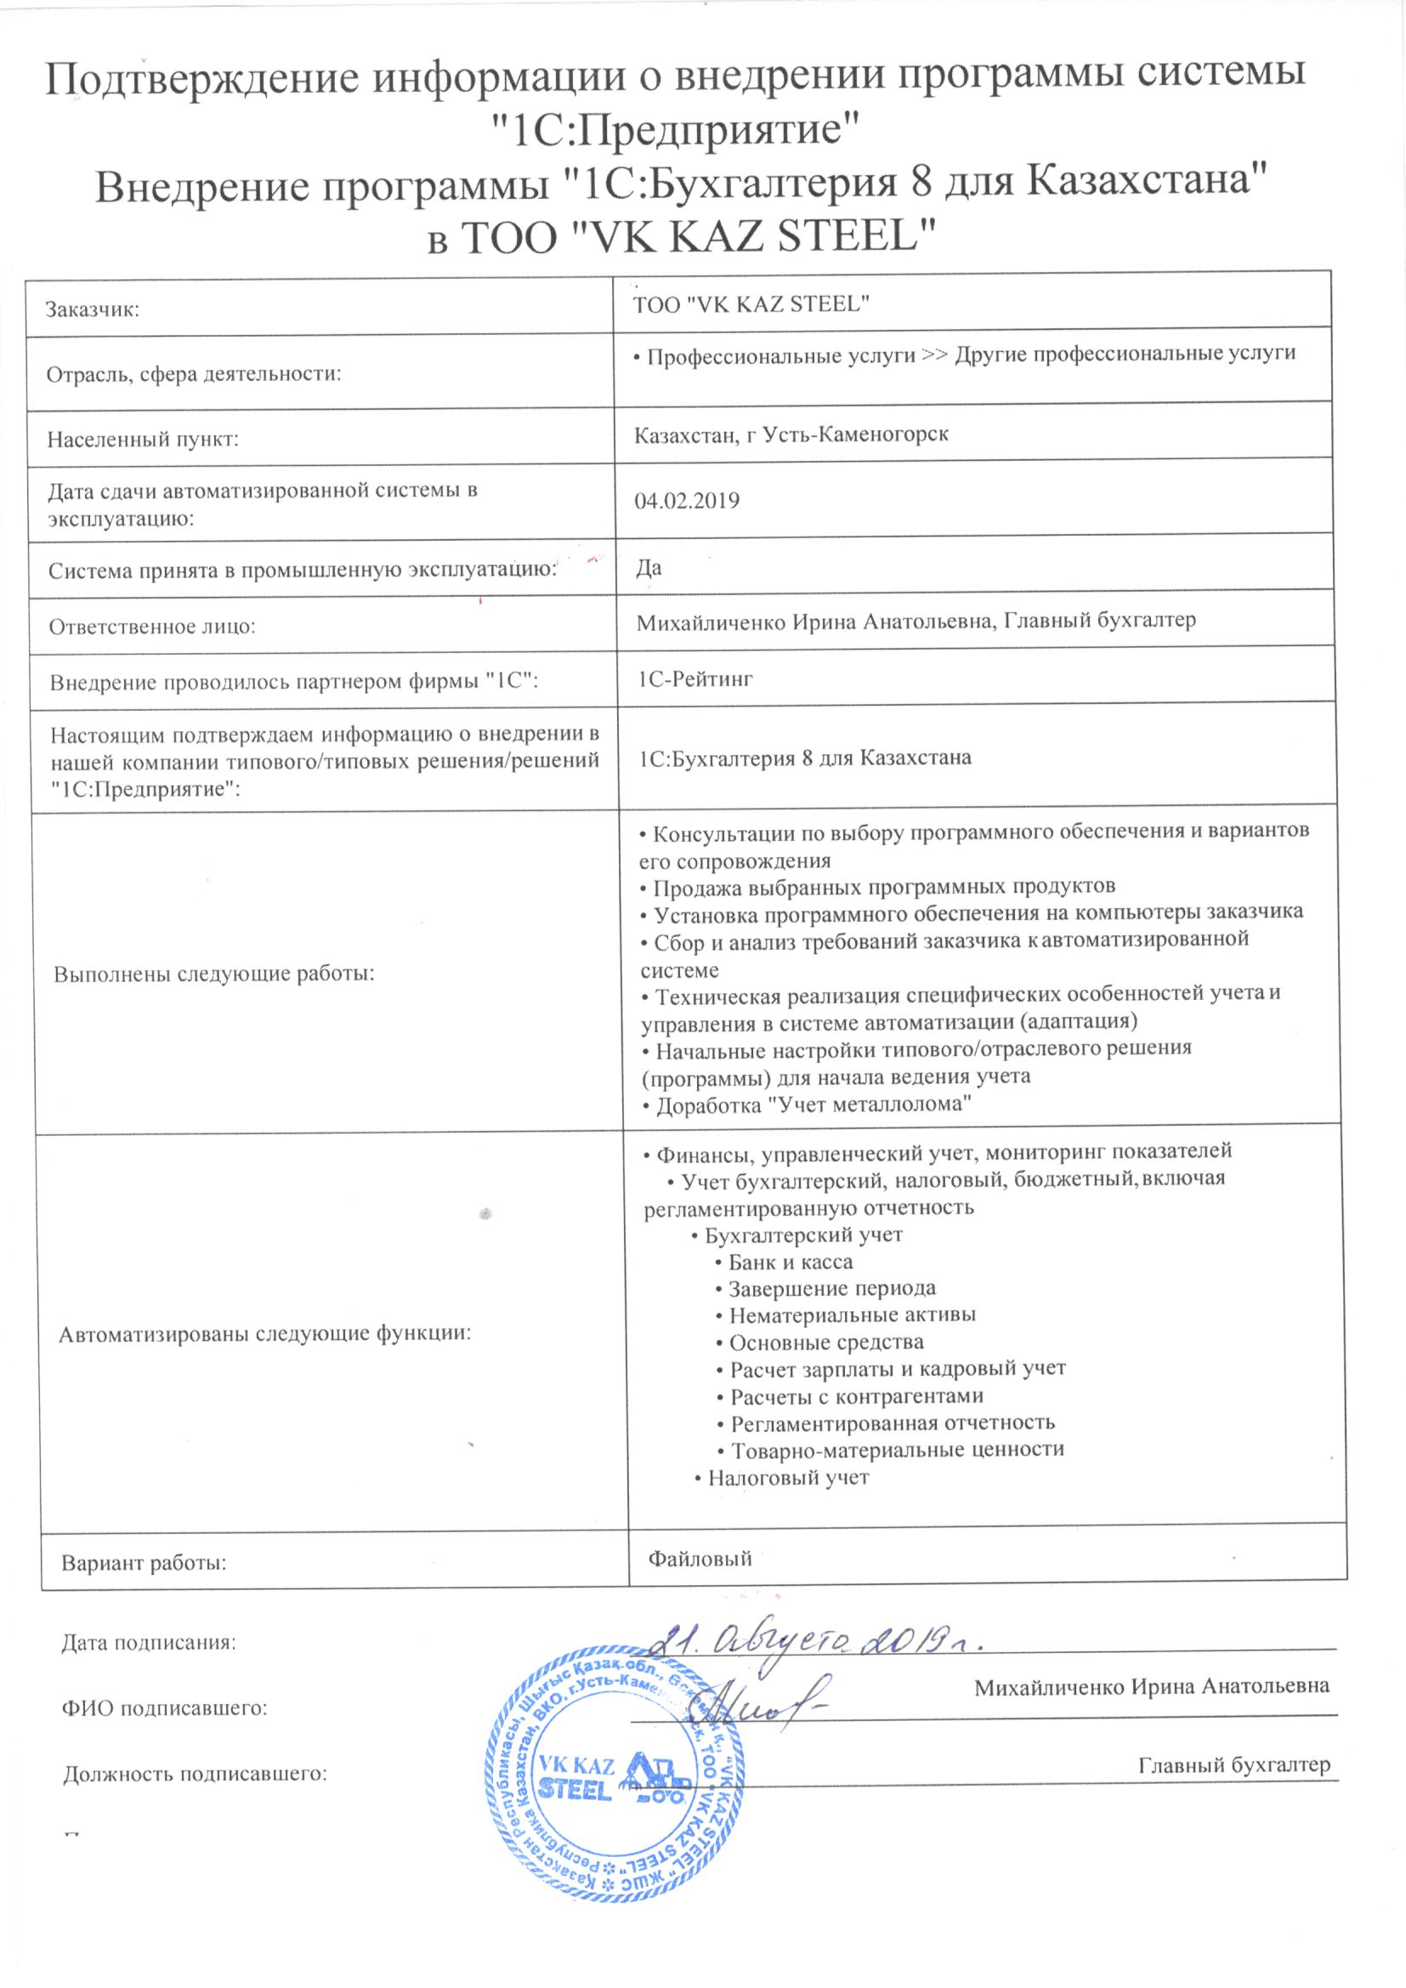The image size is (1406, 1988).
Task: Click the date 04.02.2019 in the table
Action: pyautogui.click(x=687, y=502)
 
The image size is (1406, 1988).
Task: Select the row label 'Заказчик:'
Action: pyautogui.click(x=93, y=310)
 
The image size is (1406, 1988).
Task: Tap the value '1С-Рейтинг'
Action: pyautogui.click(x=695, y=679)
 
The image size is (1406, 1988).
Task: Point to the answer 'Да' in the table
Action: pyautogui.click(x=649, y=568)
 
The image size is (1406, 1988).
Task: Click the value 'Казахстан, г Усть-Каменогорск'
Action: pyautogui.click(x=791, y=435)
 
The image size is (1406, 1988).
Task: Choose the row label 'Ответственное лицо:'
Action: pyautogui.click(x=152, y=626)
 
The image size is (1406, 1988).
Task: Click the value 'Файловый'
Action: pyautogui.click(x=700, y=1559)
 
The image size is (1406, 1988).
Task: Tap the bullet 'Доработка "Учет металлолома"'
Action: pyautogui.click(x=806, y=1105)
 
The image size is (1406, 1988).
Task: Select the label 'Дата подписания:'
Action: pyautogui.click(x=148, y=1643)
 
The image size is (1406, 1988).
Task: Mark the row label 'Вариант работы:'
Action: pyautogui.click(x=144, y=1563)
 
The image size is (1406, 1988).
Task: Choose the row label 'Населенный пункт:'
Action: pyautogui.click(x=143, y=440)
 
